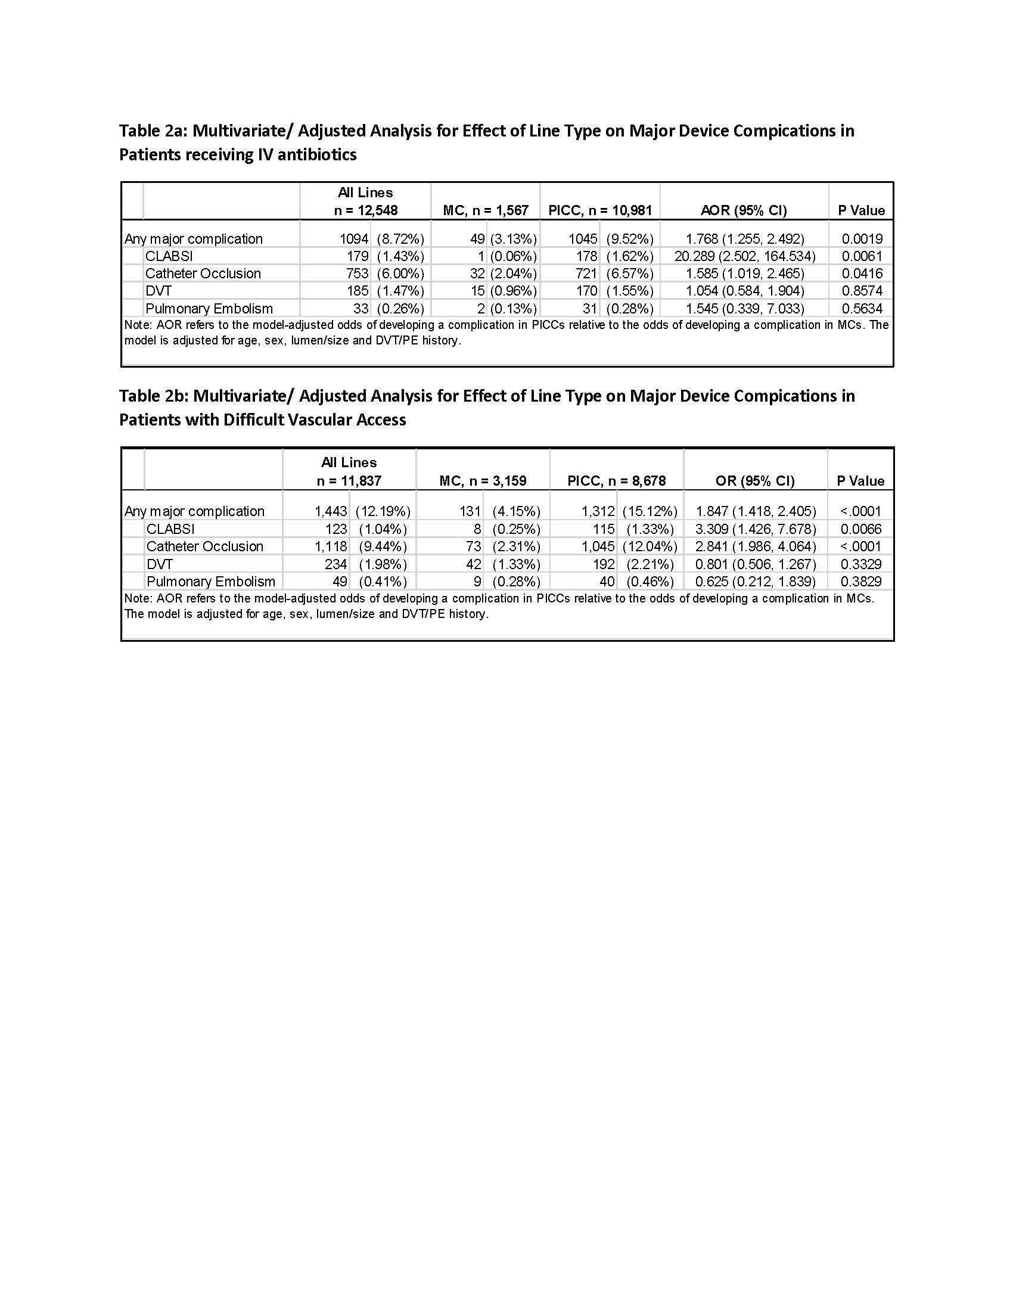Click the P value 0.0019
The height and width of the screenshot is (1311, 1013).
[862, 239]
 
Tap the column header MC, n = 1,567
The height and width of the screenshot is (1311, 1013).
[486, 210]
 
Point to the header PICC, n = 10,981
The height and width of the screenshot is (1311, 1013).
[599, 210]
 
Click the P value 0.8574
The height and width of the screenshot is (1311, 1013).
[862, 291]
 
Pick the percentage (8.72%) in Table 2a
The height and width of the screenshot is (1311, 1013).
[400, 239]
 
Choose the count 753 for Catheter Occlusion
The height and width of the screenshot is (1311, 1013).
[357, 274]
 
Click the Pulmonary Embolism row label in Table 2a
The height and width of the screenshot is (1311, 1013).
[209, 309]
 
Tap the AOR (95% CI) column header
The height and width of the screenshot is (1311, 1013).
[744, 210]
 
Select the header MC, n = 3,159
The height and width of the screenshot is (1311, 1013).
[483, 481]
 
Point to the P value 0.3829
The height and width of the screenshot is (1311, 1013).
[860, 581]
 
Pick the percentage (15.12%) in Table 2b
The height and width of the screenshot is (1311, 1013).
[650, 511]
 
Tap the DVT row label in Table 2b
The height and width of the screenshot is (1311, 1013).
[160, 564]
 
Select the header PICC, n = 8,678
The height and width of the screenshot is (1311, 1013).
[616, 481]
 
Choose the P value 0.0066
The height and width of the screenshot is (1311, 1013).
[860, 529]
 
